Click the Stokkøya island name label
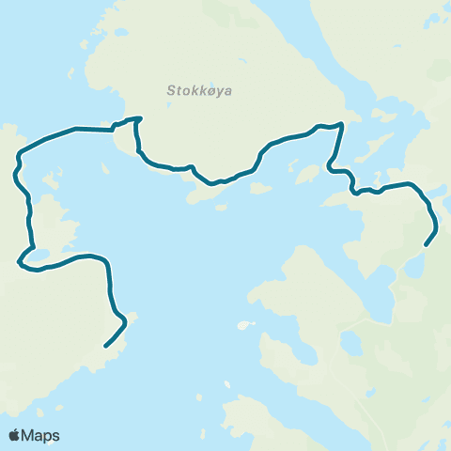tap(199, 91)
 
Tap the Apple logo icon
tap(16, 435)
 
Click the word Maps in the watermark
tap(41, 435)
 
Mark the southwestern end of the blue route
tap(104, 346)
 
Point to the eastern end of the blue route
tap(427, 245)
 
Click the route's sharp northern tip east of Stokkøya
tap(341, 124)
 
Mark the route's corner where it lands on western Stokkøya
tap(138, 119)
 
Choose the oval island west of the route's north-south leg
tap(305, 175)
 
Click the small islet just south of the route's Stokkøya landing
tap(105, 168)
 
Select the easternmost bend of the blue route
tap(437, 225)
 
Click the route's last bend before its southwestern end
tap(124, 322)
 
